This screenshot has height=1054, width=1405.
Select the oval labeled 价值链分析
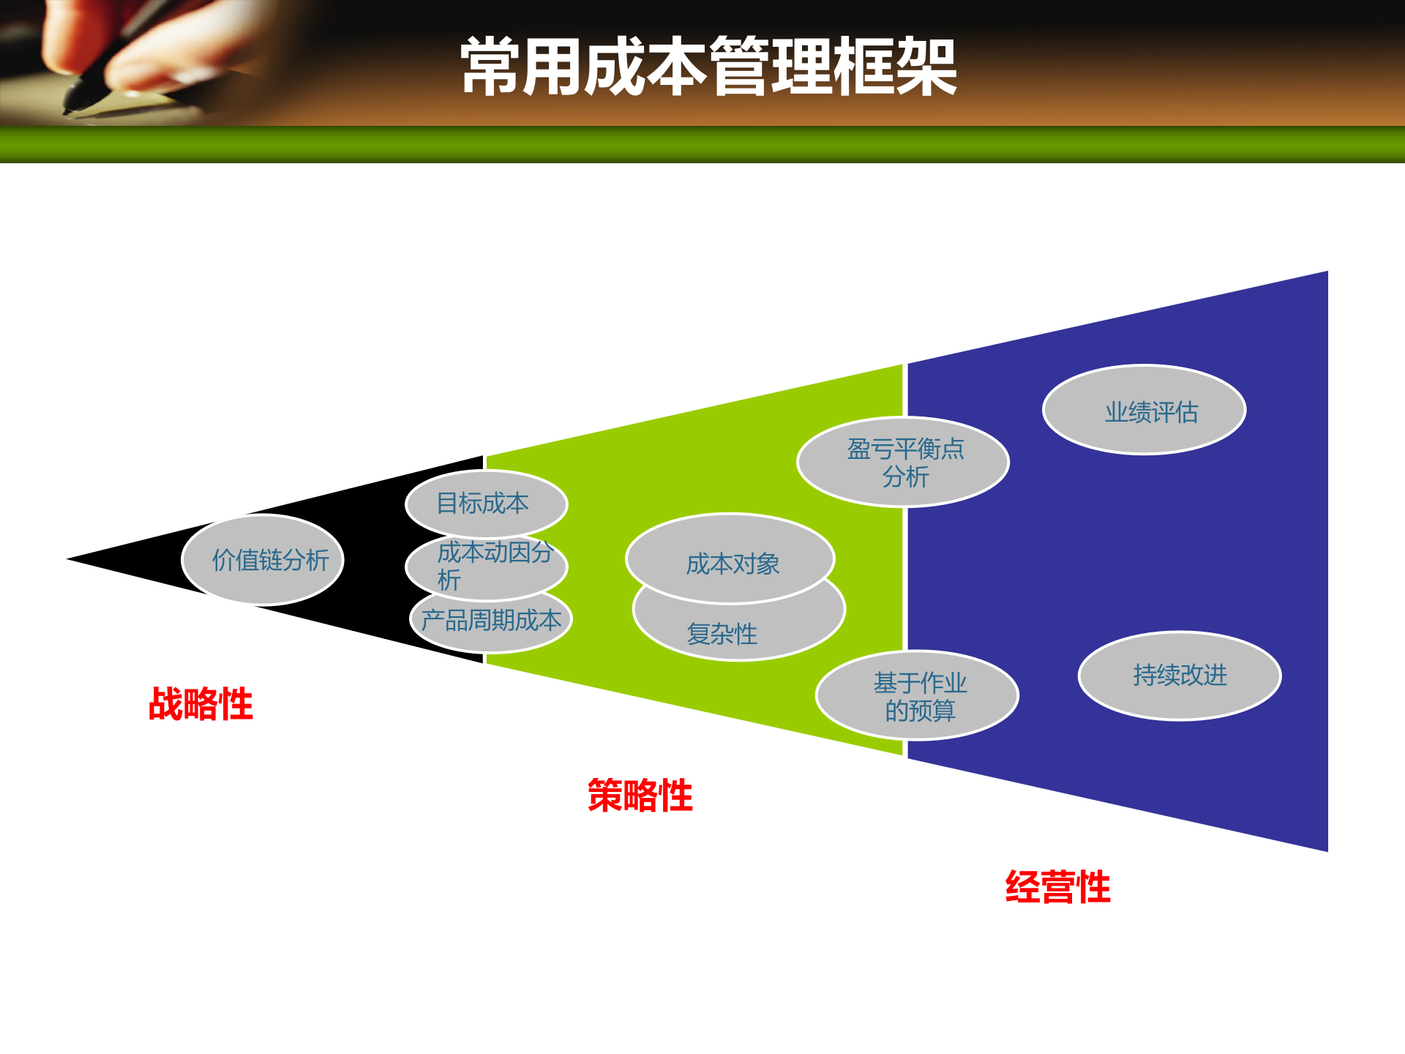pyautogui.click(x=263, y=560)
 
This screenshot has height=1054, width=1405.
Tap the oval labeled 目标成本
pyautogui.click(x=486, y=504)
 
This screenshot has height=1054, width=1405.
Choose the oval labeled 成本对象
pyautogui.click(x=730, y=561)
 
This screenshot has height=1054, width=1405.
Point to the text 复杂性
pyautogui.click(x=722, y=634)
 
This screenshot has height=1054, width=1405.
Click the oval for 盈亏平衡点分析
pyautogui.click(x=903, y=462)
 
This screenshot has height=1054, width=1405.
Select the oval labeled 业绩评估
pyautogui.click(x=1144, y=411)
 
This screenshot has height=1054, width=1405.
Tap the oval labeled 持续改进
pyautogui.click(x=1179, y=676)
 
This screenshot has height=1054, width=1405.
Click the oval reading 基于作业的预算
pyautogui.click(x=917, y=696)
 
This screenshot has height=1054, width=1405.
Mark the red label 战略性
pyautogui.click(x=201, y=704)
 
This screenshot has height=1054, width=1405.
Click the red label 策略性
pyautogui.click(x=640, y=796)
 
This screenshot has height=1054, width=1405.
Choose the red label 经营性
pyautogui.click(x=1057, y=887)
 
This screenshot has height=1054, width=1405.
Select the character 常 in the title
pyautogui.click(x=490, y=67)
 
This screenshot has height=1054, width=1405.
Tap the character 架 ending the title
pyautogui.click(x=926, y=67)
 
